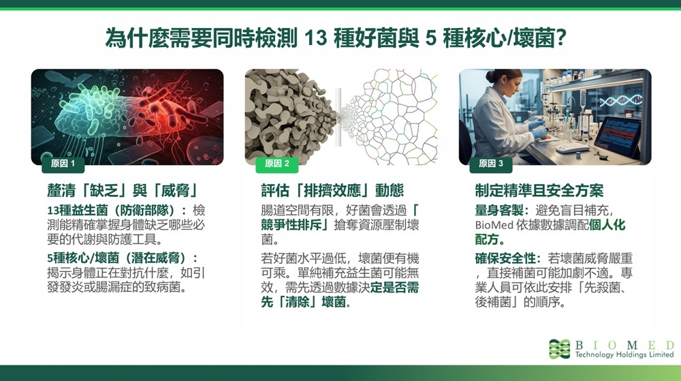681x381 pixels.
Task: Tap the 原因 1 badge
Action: (63, 164)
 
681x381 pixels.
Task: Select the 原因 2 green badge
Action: (276, 164)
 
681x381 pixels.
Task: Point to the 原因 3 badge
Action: (491, 164)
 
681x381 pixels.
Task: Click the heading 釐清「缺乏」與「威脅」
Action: (123, 190)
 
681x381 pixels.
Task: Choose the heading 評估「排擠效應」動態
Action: (332, 190)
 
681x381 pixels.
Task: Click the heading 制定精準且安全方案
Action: (539, 190)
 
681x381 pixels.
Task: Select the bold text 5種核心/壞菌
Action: (83, 258)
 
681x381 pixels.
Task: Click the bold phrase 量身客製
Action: (499, 211)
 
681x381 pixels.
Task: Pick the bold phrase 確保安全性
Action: (505, 258)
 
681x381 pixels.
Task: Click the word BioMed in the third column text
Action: (494, 225)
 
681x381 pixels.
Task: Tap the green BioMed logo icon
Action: (559, 349)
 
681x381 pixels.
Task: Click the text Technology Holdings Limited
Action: (624, 354)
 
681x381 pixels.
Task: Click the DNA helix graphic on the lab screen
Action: (620, 101)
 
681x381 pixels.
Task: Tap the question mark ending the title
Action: (560, 38)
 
